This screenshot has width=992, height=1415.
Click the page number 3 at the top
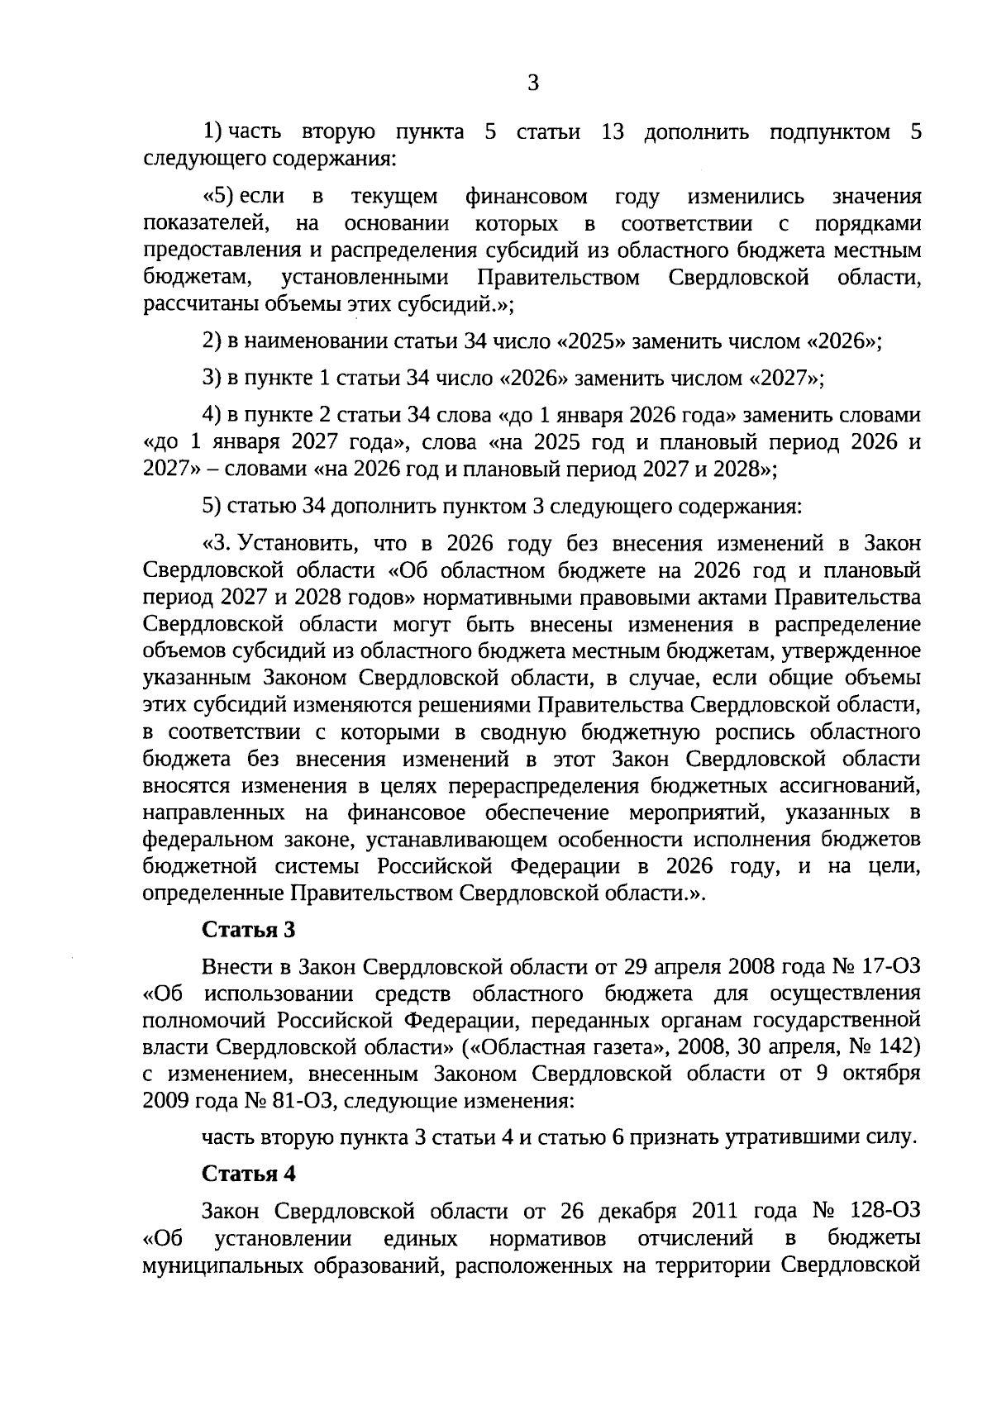pyautogui.click(x=532, y=83)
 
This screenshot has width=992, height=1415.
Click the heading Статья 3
pyautogui.click(x=249, y=929)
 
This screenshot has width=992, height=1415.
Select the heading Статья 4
pyautogui.click(x=249, y=1174)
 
